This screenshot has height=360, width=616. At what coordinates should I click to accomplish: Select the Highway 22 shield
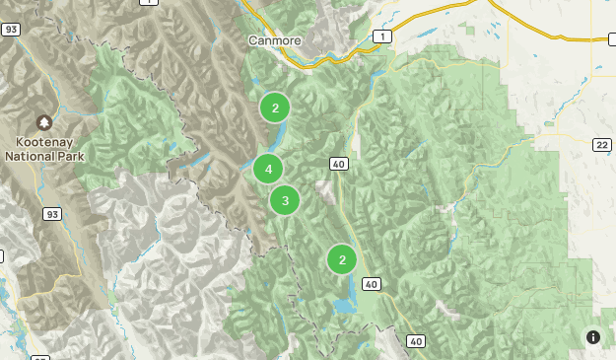coord(600,145)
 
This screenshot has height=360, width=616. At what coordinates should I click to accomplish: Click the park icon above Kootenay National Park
coord(44,123)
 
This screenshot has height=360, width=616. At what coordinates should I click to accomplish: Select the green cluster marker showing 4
coord(268,170)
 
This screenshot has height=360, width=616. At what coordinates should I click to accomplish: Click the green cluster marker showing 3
coord(285,201)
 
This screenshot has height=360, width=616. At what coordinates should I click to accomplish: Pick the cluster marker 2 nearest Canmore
coord(275,108)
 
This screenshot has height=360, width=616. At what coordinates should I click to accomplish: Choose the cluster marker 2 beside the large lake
coord(342,260)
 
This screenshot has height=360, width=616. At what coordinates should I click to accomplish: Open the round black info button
coord(593,337)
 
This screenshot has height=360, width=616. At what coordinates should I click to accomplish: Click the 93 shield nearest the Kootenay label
coord(51,213)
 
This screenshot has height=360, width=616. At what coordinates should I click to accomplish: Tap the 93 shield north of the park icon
coord(12,31)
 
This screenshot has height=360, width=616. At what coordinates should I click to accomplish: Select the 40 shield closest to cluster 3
coord(339,164)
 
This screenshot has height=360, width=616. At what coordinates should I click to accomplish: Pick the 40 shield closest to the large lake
coord(371,284)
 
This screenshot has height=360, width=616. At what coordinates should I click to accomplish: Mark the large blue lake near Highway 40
coord(345,304)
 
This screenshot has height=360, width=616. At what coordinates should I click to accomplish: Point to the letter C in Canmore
coord(251,40)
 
